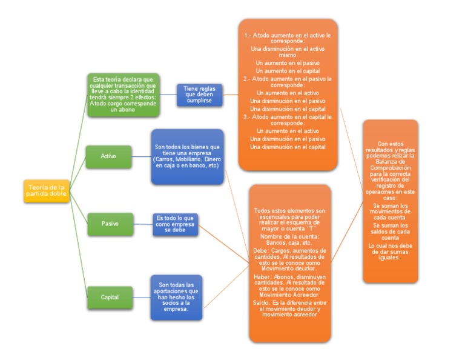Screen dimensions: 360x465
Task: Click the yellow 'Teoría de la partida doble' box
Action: (46, 190)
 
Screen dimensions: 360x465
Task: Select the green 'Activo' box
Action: (108, 156)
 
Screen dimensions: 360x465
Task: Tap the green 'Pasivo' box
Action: (110, 224)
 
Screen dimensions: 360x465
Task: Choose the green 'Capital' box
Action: (109, 297)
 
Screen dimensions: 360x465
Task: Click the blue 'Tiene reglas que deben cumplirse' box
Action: (199, 95)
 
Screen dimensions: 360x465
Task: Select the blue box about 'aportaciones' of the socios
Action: (176, 297)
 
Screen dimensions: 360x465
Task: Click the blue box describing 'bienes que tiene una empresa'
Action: (188, 156)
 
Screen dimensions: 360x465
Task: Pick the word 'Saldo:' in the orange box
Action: (260, 301)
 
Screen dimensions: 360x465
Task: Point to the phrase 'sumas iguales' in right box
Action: (391, 256)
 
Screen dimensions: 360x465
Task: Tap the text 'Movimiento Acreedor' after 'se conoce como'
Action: (289, 293)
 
